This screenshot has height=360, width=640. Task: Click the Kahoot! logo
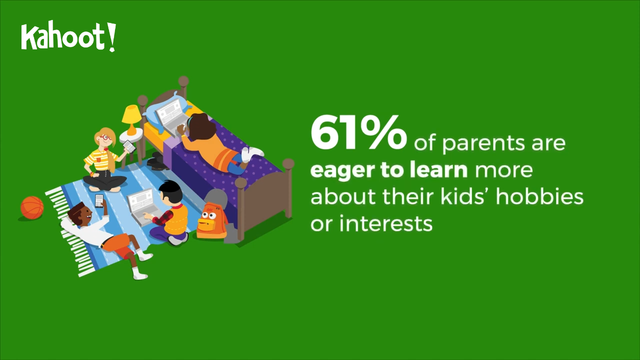pyautogui.click(x=68, y=36)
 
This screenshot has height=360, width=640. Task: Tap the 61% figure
pyautogui.click(x=358, y=133)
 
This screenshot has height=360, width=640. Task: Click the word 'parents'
pyautogui.click(x=483, y=143)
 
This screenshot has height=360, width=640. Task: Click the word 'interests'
pyautogui.click(x=385, y=223)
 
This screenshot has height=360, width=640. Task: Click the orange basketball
pyautogui.click(x=32, y=207)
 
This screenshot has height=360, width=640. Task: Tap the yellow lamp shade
pyautogui.click(x=131, y=115)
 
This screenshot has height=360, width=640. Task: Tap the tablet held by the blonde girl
pyautogui.click(x=129, y=146)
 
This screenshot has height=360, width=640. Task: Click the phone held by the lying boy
pyautogui.click(x=99, y=201)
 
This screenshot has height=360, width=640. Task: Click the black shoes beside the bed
pyautogui.click(x=157, y=161)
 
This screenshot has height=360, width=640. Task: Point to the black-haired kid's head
pyautogui.click(x=171, y=192)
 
